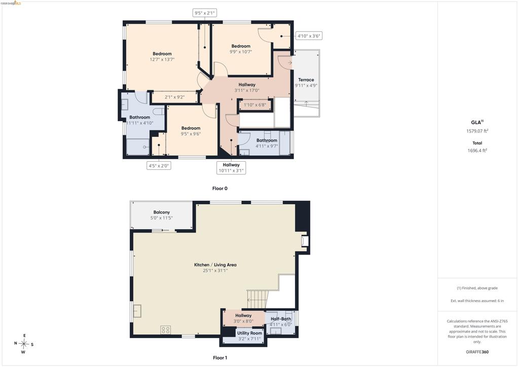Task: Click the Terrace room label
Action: [x=306, y=80]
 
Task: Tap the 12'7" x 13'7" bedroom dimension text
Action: [x=162, y=60]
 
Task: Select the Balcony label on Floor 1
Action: [x=162, y=212]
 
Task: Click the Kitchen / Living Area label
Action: [x=215, y=265]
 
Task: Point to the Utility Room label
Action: [x=249, y=333]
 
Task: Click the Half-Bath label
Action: [x=281, y=319]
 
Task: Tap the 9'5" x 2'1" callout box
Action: [x=205, y=13]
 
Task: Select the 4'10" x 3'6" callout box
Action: [x=309, y=36]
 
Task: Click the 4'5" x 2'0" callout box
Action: [x=159, y=165]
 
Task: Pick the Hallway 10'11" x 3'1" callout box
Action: [x=231, y=168]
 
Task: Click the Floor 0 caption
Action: [x=220, y=189]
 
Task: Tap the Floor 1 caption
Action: [x=220, y=358]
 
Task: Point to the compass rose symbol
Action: [x=24, y=344]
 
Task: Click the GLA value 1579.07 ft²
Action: [x=477, y=131]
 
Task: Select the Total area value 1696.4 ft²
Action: [x=477, y=151]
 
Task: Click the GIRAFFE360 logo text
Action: [x=477, y=352]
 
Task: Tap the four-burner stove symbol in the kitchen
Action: [x=166, y=329]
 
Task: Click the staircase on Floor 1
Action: [x=257, y=300]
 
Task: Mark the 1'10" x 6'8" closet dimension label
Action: [x=255, y=105]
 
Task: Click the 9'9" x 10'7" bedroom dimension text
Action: [x=241, y=52]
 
